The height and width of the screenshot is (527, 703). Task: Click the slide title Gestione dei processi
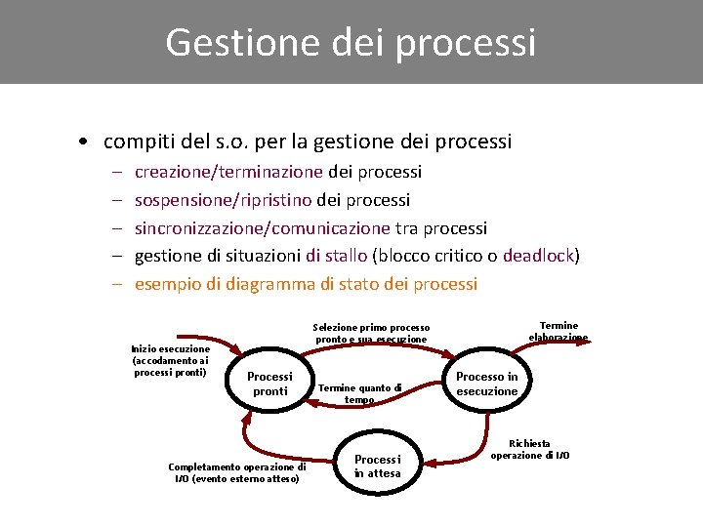tap(351, 43)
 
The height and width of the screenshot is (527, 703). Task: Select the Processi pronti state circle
tap(269, 384)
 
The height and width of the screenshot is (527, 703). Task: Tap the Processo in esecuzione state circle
tap(487, 384)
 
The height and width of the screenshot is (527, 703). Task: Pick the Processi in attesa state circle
tap(377, 466)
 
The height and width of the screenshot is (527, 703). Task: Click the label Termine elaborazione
tap(558, 331)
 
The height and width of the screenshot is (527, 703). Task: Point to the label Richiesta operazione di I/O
tap(530, 449)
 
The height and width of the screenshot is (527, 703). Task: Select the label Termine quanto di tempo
tap(359, 393)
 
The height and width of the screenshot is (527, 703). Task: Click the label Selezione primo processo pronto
tap(371, 333)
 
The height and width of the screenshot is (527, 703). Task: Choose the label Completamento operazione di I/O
tap(237, 472)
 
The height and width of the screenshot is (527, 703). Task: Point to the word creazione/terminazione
tap(228, 172)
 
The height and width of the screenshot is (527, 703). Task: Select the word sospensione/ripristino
tap(223, 200)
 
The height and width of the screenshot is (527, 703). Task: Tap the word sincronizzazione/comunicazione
tap(262, 228)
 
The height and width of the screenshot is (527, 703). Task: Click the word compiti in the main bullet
tap(138, 142)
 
